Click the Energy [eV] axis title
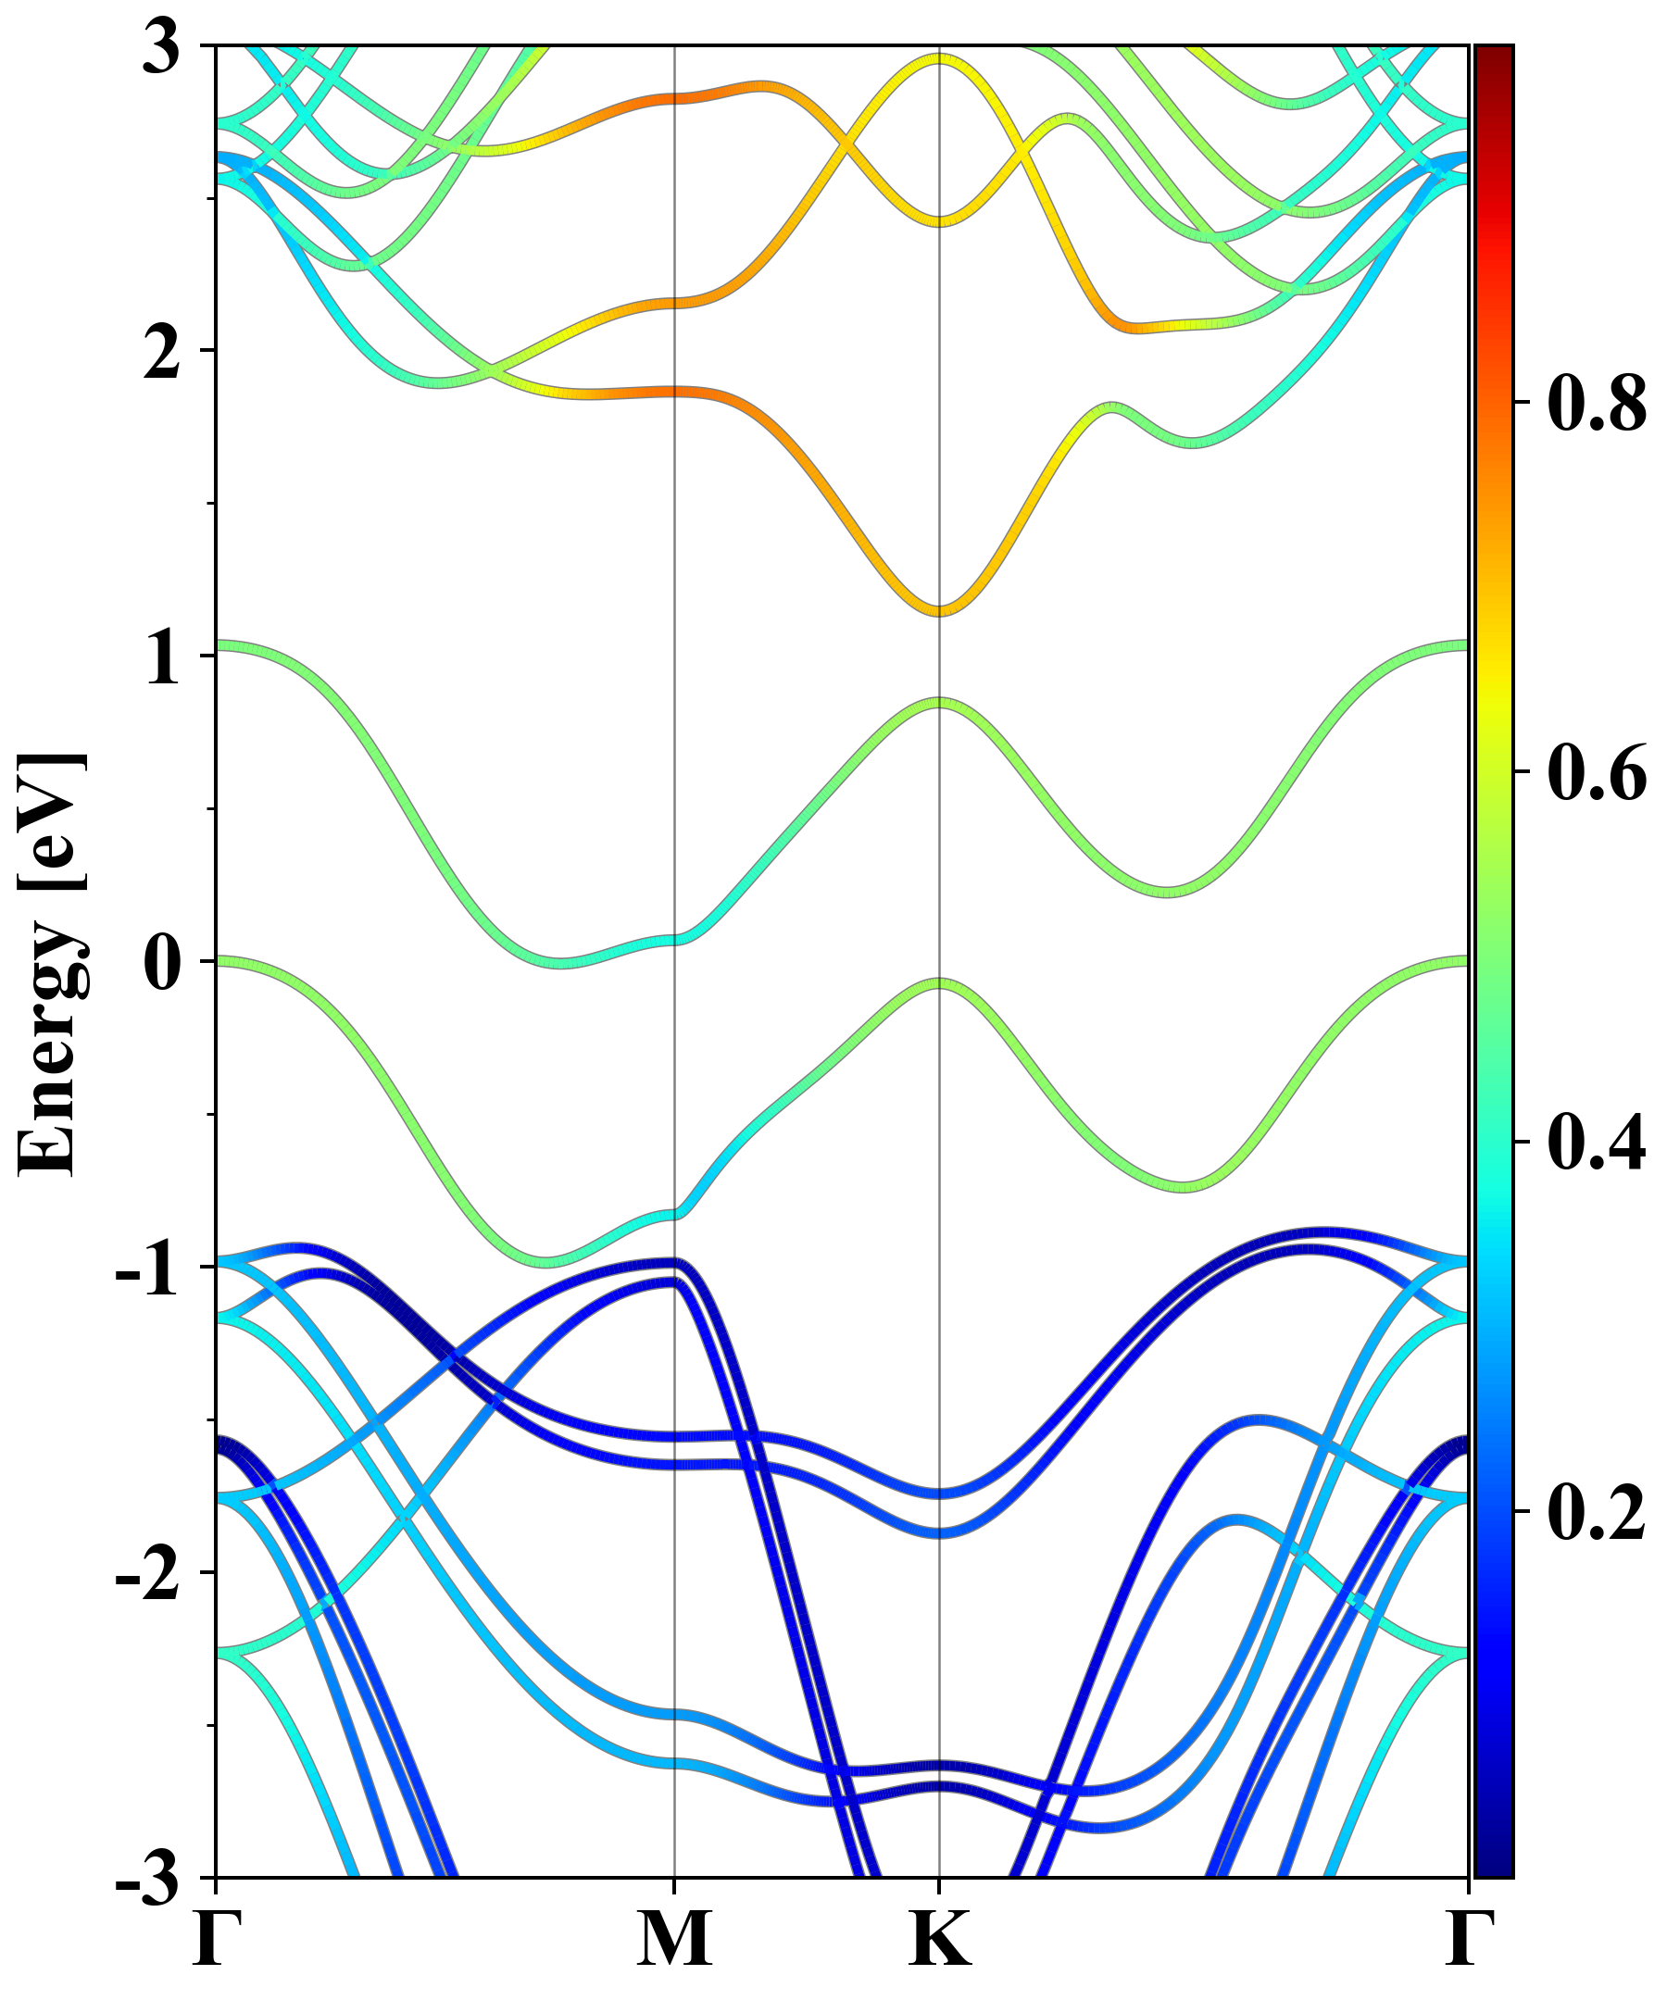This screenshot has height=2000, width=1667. click(x=53, y=962)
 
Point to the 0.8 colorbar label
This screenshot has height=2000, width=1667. click(x=1596, y=402)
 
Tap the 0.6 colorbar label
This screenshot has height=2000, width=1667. click(x=1596, y=772)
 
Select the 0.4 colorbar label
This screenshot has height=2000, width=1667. click(x=1596, y=1142)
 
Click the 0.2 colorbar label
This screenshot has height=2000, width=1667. click(x=1596, y=1511)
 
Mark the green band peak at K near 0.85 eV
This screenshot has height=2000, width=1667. click(x=940, y=704)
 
